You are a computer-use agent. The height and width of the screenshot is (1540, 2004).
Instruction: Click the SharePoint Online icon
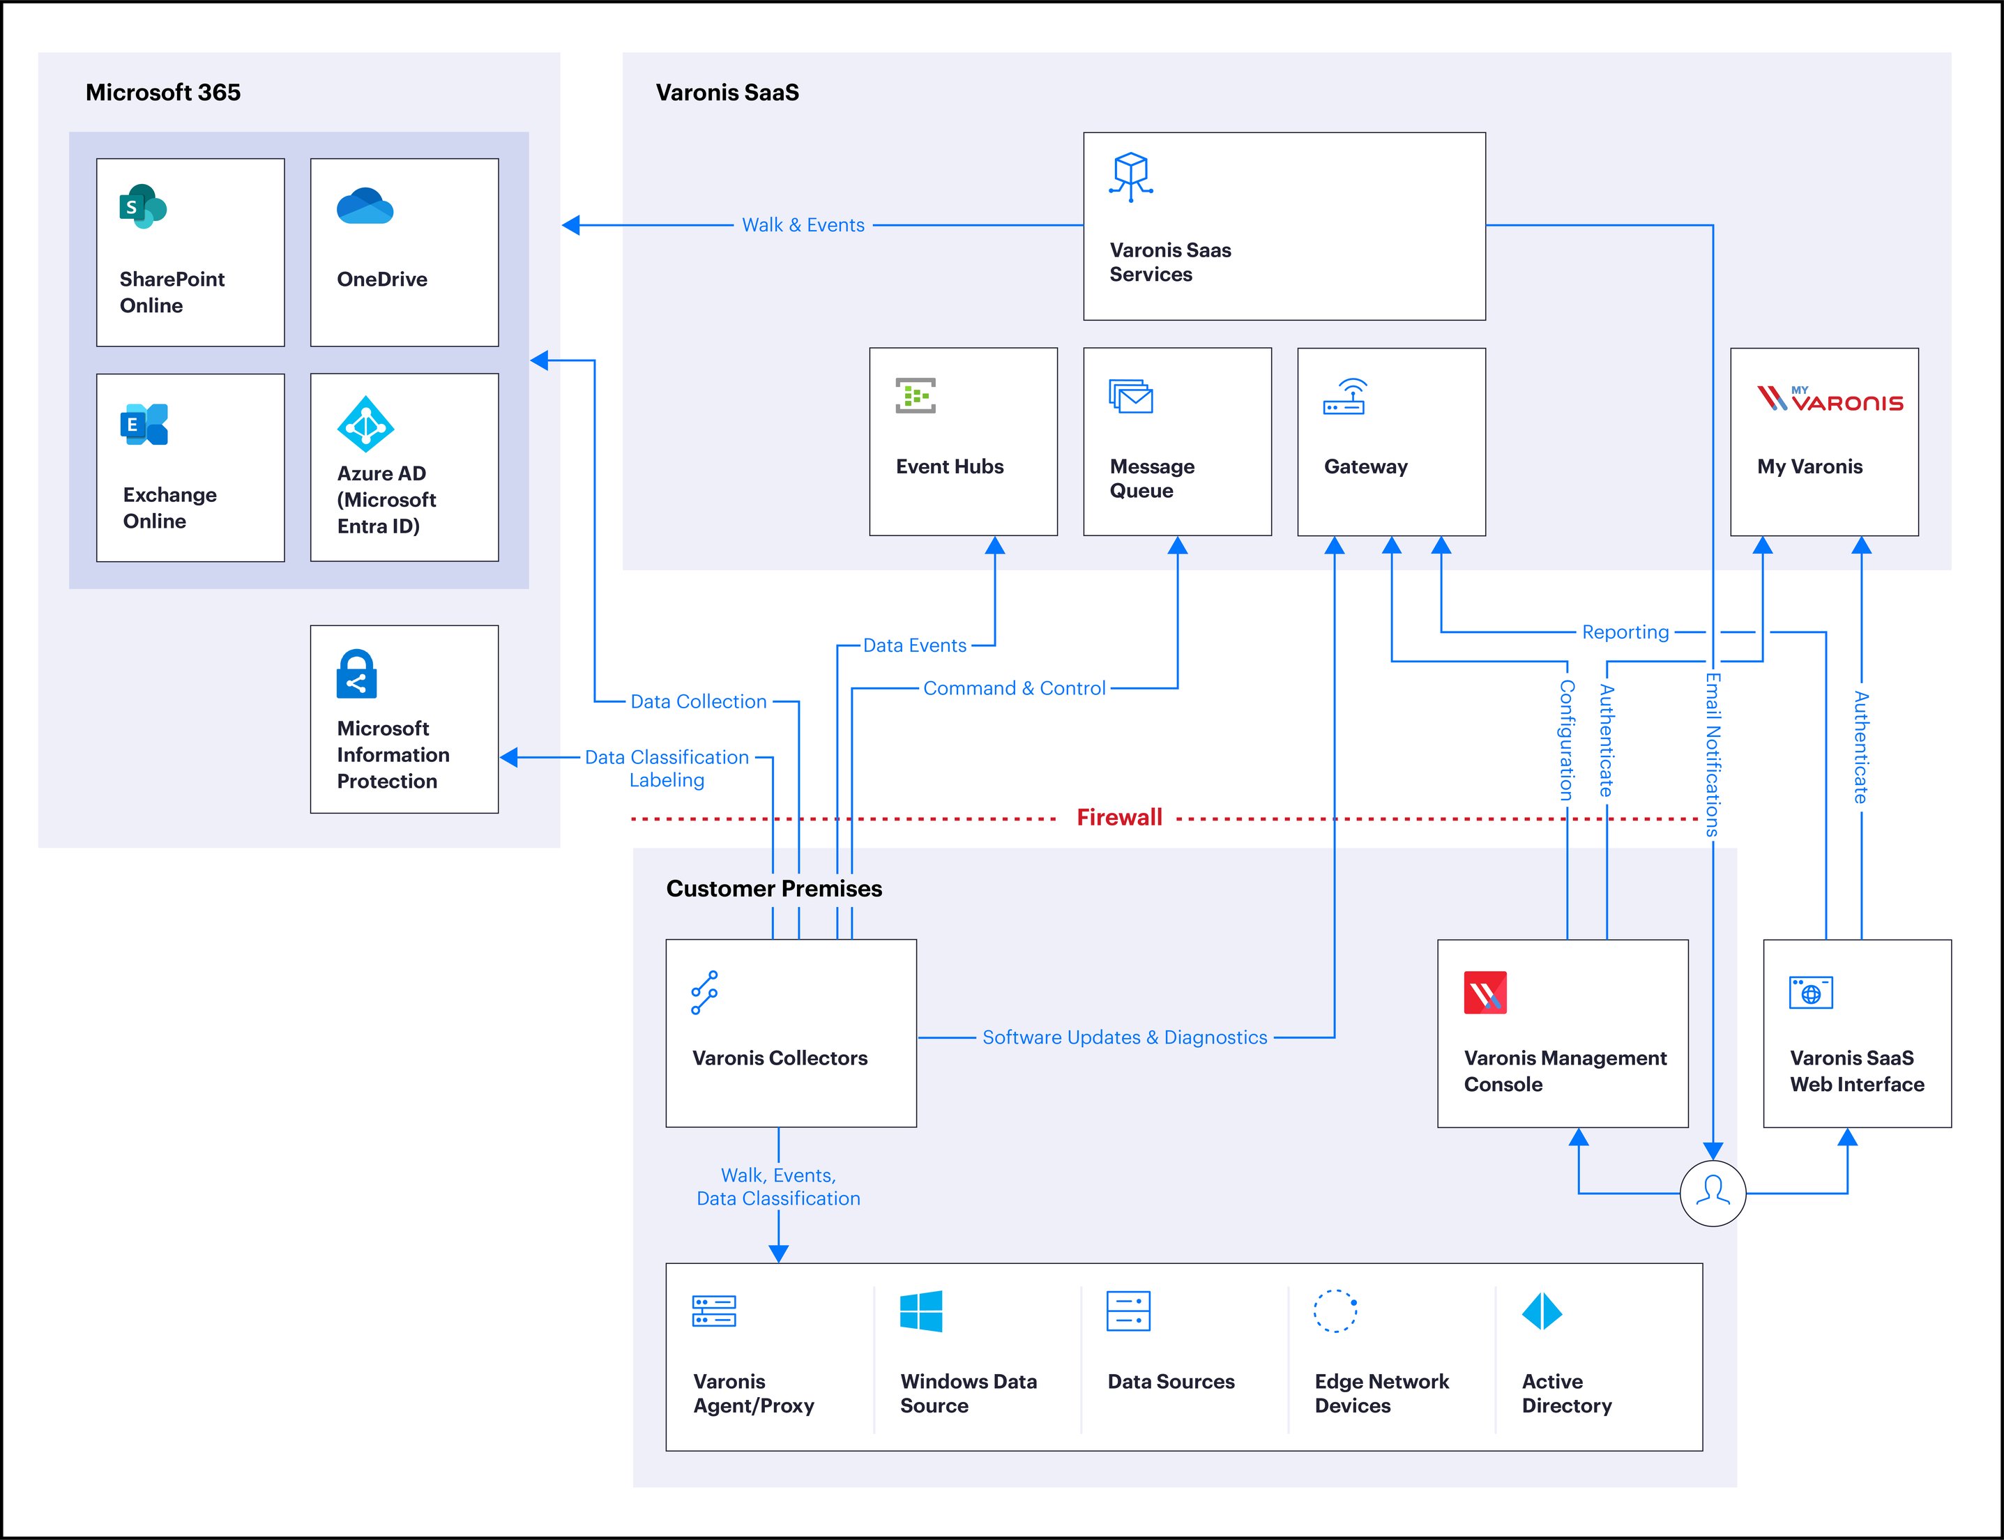(x=142, y=207)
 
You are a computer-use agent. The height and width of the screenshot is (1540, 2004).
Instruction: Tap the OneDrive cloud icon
(x=365, y=206)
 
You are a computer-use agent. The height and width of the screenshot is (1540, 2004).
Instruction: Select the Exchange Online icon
(x=144, y=425)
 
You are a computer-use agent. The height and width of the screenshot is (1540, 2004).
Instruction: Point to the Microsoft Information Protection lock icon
(x=356, y=675)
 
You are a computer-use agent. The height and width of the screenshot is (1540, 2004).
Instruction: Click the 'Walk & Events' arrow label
(x=803, y=224)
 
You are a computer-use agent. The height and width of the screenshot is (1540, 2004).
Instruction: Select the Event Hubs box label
(x=950, y=466)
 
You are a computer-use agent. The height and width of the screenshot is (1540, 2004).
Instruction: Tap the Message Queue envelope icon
(x=1131, y=397)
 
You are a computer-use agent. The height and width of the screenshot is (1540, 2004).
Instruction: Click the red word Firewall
(x=1118, y=818)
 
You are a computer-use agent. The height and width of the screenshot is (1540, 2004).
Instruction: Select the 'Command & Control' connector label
(x=1014, y=688)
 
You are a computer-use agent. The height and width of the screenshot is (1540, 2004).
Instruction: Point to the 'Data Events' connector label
(x=915, y=646)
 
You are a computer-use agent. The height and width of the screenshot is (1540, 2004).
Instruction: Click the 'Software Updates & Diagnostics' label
(x=1125, y=1037)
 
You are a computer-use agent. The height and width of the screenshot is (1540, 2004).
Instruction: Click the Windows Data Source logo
(x=921, y=1312)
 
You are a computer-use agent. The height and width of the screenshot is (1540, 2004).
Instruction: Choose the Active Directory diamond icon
(x=1542, y=1312)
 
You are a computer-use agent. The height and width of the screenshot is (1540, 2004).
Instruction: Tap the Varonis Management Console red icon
(x=1485, y=993)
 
